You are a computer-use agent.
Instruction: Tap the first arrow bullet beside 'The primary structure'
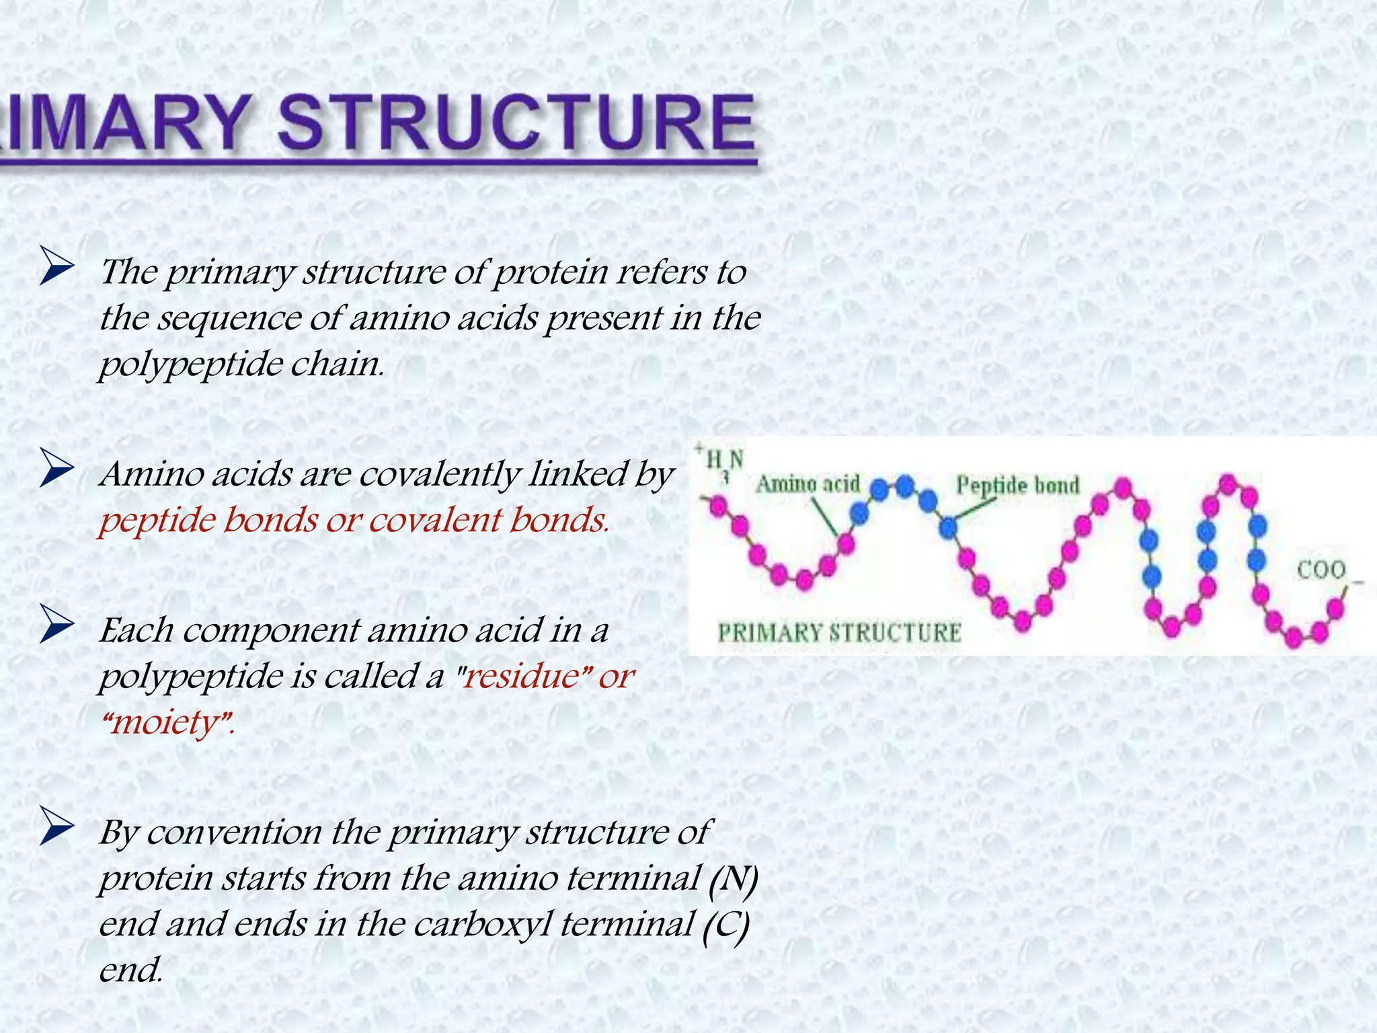tap(56, 266)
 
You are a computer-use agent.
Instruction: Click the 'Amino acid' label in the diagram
tap(808, 484)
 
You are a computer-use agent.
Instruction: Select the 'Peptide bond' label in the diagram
tap(1017, 485)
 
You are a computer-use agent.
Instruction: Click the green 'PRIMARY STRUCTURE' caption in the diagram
tap(839, 633)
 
